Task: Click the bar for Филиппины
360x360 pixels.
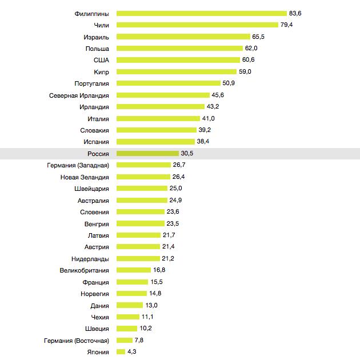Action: click(201, 13)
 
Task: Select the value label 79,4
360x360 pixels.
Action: click(287, 25)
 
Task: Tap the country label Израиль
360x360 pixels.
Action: click(95, 37)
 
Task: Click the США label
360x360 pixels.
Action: click(101, 60)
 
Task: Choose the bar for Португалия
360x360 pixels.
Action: click(167, 83)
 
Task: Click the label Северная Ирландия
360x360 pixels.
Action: click(79, 95)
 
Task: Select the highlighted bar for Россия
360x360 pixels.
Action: click(147, 153)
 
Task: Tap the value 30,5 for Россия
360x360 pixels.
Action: click(187, 153)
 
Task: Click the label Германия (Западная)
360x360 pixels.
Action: click(78, 165)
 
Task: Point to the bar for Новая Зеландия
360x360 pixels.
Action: click(143, 177)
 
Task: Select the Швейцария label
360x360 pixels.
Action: click(91, 189)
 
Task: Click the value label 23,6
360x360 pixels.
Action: click(173, 212)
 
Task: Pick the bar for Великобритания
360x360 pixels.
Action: click(134, 270)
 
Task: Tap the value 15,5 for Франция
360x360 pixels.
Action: click(156, 282)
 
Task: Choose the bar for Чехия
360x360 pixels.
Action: click(127, 317)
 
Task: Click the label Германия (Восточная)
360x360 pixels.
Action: click(76, 340)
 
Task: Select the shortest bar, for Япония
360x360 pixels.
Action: click(120, 352)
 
